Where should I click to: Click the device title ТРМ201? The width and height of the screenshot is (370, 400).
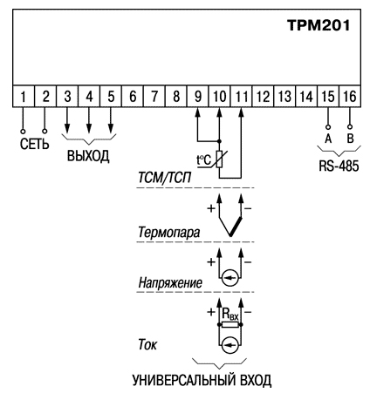[x=319, y=25]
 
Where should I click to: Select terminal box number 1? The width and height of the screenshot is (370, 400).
[x=24, y=96]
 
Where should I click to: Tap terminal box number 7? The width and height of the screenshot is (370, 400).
[x=154, y=96]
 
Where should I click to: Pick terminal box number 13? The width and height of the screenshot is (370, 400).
[x=284, y=96]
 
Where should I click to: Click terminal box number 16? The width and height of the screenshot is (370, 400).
[x=350, y=96]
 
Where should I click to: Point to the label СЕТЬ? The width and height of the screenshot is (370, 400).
[x=35, y=144]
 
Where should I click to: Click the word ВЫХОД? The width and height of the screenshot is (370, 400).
[x=88, y=156]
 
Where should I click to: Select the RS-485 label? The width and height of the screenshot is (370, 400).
[x=339, y=166]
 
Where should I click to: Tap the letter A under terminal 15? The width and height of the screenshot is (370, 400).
[x=328, y=139]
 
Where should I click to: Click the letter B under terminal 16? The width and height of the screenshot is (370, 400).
[x=350, y=139]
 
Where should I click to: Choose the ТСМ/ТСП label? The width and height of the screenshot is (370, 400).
[x=165, y=178]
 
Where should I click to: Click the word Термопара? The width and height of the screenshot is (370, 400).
[x=169, y=232]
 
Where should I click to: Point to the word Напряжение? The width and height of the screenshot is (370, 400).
[x=170, y=282]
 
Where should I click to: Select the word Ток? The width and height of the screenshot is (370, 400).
[x=147, y=344]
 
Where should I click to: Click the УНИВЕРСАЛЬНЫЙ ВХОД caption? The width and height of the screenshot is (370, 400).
[x=202, y=381]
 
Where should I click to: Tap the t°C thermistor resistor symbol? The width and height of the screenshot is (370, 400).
[x=220, y=159]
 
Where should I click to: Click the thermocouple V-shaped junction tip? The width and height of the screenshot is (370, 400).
[x=230, y=235]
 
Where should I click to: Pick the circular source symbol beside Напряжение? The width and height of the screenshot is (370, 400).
[x=230, y=278]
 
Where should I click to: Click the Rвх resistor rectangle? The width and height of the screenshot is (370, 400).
[x=230, y=324]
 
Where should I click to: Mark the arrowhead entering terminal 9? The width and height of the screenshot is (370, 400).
[x=197, y=112]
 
